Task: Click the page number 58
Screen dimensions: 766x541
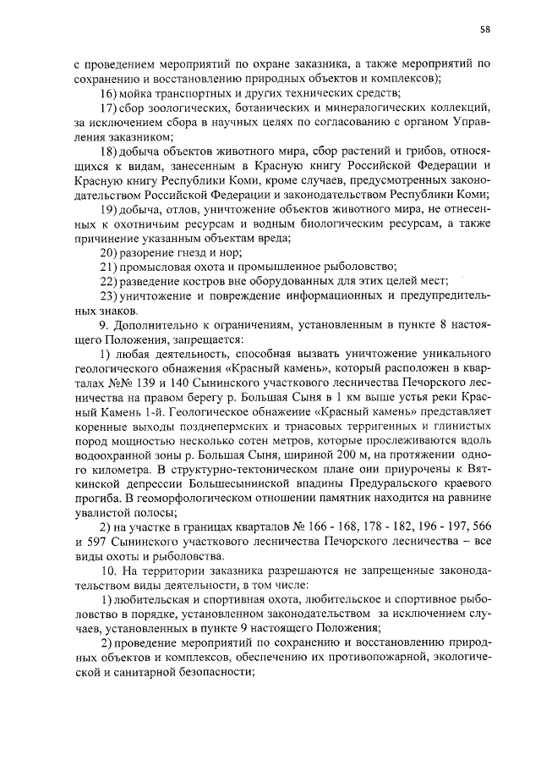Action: pos(485,30)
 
